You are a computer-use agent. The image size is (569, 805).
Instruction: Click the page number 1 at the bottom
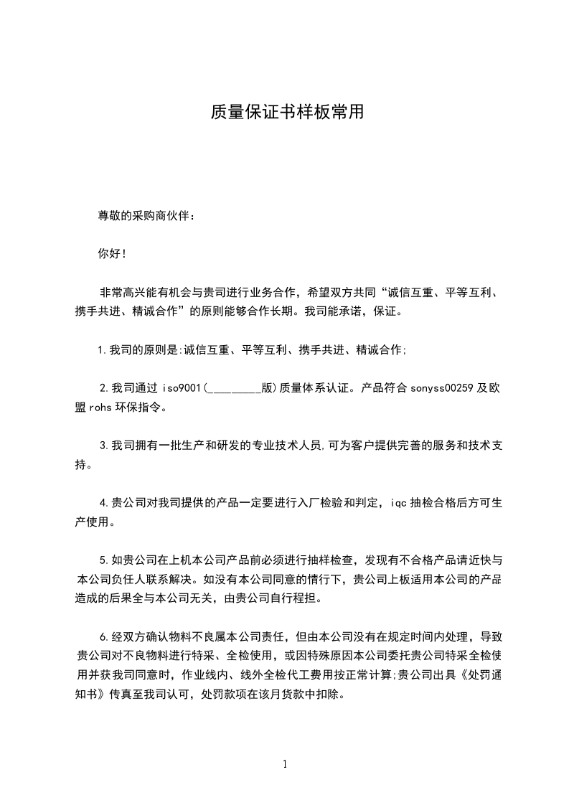point(285,764)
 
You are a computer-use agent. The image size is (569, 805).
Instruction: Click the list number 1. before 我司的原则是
point(103,350)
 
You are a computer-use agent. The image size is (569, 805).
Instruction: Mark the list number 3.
point(104,446)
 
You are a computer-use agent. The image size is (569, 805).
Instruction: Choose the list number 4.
point(104,503)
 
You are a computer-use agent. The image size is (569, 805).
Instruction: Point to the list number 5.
point(104,560)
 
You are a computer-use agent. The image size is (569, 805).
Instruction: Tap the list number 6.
point(104,636)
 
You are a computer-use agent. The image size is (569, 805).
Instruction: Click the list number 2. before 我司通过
point(104,389)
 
